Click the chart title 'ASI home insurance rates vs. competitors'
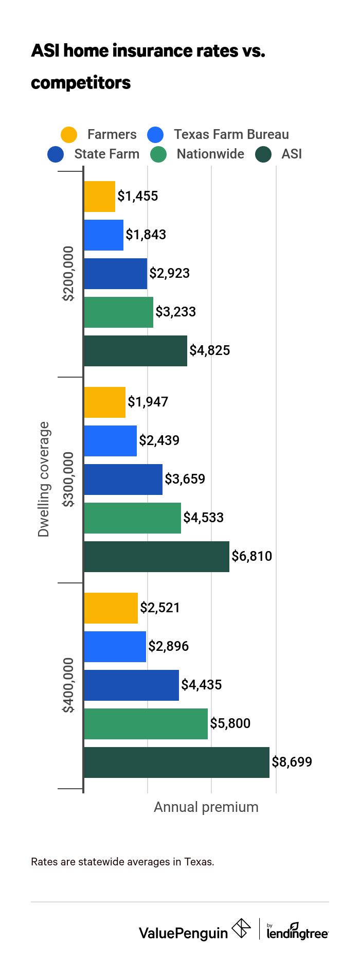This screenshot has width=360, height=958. (148, 66)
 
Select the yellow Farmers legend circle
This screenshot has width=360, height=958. (69, 135)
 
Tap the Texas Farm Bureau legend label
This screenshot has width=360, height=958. (231, 135)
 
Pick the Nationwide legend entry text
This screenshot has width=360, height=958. (210, 154)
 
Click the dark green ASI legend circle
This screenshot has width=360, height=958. (264, 154)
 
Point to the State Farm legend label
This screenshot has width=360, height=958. (106, 154)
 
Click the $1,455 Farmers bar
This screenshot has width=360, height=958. (99, 197)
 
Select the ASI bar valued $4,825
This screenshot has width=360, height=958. (135, 351)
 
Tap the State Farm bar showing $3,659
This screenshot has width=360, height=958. (123, 480)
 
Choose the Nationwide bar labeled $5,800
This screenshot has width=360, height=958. (146, 724)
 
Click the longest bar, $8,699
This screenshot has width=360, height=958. (176, 762)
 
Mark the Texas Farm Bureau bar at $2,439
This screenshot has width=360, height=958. (110, 441)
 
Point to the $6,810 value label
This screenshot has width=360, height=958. (251, 556)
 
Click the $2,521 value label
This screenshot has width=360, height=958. (160, 608)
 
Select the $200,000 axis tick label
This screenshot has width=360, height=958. (68, 273)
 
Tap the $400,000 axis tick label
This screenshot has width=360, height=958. (68, 685)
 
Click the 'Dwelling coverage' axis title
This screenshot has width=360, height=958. (44, 479)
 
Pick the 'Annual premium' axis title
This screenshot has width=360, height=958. (206, 807)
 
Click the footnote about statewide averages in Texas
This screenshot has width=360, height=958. (122, 862)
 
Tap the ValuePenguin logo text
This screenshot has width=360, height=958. (183, 933)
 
